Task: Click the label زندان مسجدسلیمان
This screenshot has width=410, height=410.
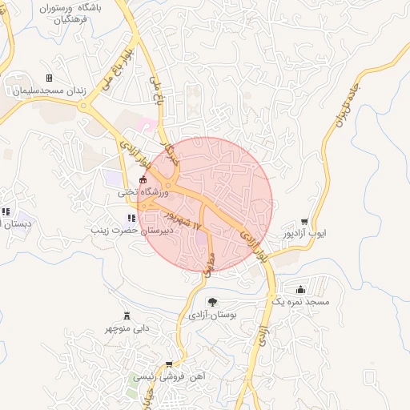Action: click(46, 91)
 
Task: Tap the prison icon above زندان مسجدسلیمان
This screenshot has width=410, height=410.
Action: click(49, 78)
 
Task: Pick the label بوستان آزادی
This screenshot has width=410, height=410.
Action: click(213, 315)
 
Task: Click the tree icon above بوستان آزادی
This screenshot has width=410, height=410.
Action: click(212, 302)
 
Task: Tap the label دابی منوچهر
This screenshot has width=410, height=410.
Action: click(127, 328)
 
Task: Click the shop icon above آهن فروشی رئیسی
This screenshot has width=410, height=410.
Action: click(168, 364)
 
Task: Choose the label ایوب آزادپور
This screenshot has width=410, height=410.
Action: click(305, 235)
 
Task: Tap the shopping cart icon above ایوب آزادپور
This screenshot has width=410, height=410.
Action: click(304, 222)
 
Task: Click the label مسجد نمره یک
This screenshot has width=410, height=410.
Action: click(299, 302)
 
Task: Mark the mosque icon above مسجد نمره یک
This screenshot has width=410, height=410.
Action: click(300, 289)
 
